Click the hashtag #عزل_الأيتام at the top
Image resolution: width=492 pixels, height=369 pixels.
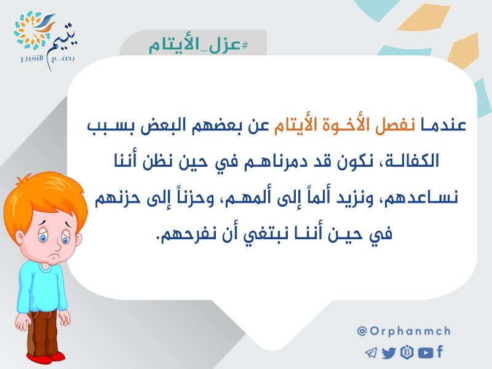click(198, 45)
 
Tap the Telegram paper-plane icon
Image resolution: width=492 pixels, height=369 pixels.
click(371, 352)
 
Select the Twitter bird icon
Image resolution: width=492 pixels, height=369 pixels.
click(389, 352)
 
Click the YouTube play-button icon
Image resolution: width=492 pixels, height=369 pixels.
click(426, 352)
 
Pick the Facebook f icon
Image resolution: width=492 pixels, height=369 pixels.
click(440, 351)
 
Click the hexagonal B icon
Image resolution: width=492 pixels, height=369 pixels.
click(407, 352)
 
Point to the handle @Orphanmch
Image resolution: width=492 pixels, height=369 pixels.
click(404, 331)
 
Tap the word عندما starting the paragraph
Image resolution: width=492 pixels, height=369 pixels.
click(443, 125)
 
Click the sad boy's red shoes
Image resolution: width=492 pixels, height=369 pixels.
click(46, 357)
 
